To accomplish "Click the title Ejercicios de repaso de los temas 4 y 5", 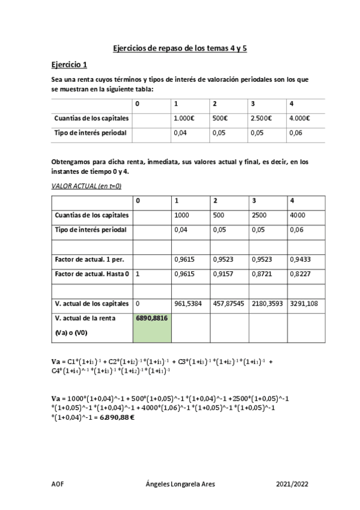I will [180, 48].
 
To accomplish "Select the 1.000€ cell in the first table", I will [183, 118].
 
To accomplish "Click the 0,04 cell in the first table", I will [180, 133].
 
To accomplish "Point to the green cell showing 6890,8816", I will [151, 318].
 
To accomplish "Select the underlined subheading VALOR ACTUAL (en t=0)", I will [87, 186].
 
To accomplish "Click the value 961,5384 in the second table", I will [188, 304].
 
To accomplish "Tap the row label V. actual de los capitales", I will [91, 303].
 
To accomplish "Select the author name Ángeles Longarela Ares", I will [180, 484].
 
